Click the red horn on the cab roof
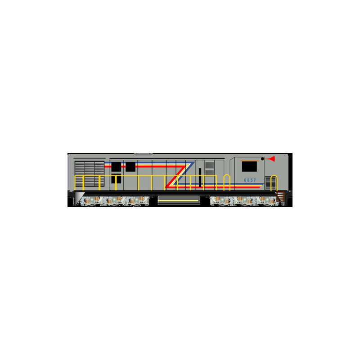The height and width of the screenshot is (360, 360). [x=270, y=159]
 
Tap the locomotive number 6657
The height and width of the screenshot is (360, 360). [x=250, y=180]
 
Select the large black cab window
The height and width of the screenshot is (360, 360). [x=249, y=166]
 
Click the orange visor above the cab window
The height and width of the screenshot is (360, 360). [x=249, y=161]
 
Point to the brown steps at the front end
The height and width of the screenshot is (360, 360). [x=280, y=196]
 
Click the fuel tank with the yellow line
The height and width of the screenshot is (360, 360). [x=179, y=200]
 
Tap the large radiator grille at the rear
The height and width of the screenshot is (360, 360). [x=89, y=173]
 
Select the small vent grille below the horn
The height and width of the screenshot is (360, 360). [x=270, y=183]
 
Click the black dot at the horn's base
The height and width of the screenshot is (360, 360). [x=262, y=159]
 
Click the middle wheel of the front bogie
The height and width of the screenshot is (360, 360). [x=244, y=201]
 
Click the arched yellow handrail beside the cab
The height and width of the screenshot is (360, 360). [x=227, y=182]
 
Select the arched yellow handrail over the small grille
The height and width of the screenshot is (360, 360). [x=274, y=183]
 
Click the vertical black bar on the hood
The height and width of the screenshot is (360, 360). [x=200, y=177]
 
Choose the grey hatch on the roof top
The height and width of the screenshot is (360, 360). [x=143, y=154]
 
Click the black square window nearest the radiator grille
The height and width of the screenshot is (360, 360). [x=116, y=167]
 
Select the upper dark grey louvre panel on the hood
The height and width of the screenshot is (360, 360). [x=210, y=165]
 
